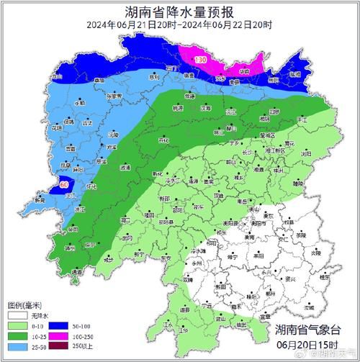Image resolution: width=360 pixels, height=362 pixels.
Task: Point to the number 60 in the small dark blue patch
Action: [x=64, y=185]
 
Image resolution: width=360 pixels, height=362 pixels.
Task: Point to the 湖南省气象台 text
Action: [x=310, y=330]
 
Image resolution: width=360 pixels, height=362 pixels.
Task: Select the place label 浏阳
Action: [x=307, y=154]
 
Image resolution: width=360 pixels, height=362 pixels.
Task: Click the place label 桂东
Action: [x=325, y=276]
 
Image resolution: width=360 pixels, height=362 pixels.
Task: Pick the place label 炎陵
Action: [x=316, y=253]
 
